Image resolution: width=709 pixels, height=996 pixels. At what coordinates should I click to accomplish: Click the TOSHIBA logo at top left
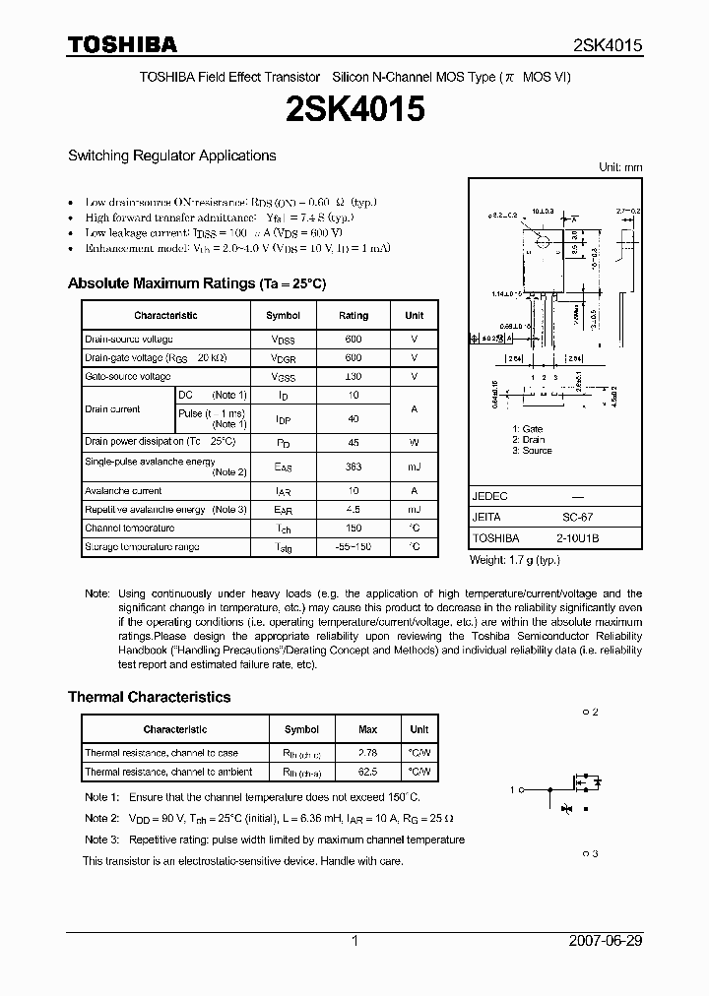tap(122, 44)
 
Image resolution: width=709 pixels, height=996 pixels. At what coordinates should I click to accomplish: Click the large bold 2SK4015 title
tap(354, 109)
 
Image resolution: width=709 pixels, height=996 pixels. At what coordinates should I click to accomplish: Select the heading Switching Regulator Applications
tap(171, 156)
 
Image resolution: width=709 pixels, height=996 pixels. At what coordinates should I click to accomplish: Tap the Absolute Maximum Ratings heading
tap(196, 283)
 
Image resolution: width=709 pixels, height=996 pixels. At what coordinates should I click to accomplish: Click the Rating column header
tap(354, 315)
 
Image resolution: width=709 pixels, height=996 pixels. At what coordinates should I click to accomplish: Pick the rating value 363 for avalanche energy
tap(354, 467)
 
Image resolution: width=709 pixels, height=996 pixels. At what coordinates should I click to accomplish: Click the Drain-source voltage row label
tap(129, 340)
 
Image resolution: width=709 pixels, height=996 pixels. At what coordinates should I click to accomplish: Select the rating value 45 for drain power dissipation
tap(354, 442)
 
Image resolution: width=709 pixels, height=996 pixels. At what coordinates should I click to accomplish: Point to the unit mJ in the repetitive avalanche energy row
tap(414, 510)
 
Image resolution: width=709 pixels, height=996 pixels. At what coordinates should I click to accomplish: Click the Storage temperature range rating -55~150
tap(354, 547)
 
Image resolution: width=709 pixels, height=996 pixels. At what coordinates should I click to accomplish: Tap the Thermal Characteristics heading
tap(149, 697)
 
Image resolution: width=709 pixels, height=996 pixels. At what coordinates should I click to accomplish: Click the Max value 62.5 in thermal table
tap(367, 773)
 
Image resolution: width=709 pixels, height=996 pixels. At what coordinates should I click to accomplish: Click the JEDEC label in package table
tap(490, 497)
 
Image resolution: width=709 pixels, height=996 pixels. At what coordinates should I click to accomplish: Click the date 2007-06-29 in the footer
tap(606, 941)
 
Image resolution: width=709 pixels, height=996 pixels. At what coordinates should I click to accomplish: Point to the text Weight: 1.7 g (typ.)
tap(514, 559)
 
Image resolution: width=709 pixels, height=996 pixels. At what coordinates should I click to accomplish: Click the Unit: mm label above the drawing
tap(620, 167)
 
